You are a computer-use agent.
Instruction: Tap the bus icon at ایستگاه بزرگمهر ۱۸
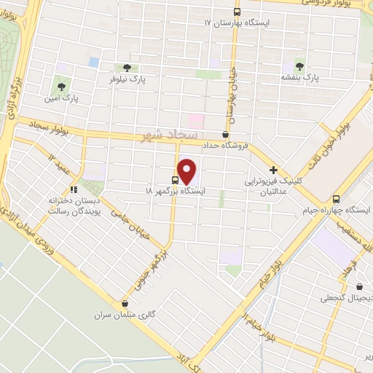tap(176, 179)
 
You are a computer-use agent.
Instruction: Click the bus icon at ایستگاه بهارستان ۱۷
tap(237, 12)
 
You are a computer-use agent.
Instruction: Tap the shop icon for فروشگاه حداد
tap(225, 135)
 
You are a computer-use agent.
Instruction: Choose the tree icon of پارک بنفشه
tap(300, 64)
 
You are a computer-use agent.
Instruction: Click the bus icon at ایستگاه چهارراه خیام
tap(336, 199)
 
